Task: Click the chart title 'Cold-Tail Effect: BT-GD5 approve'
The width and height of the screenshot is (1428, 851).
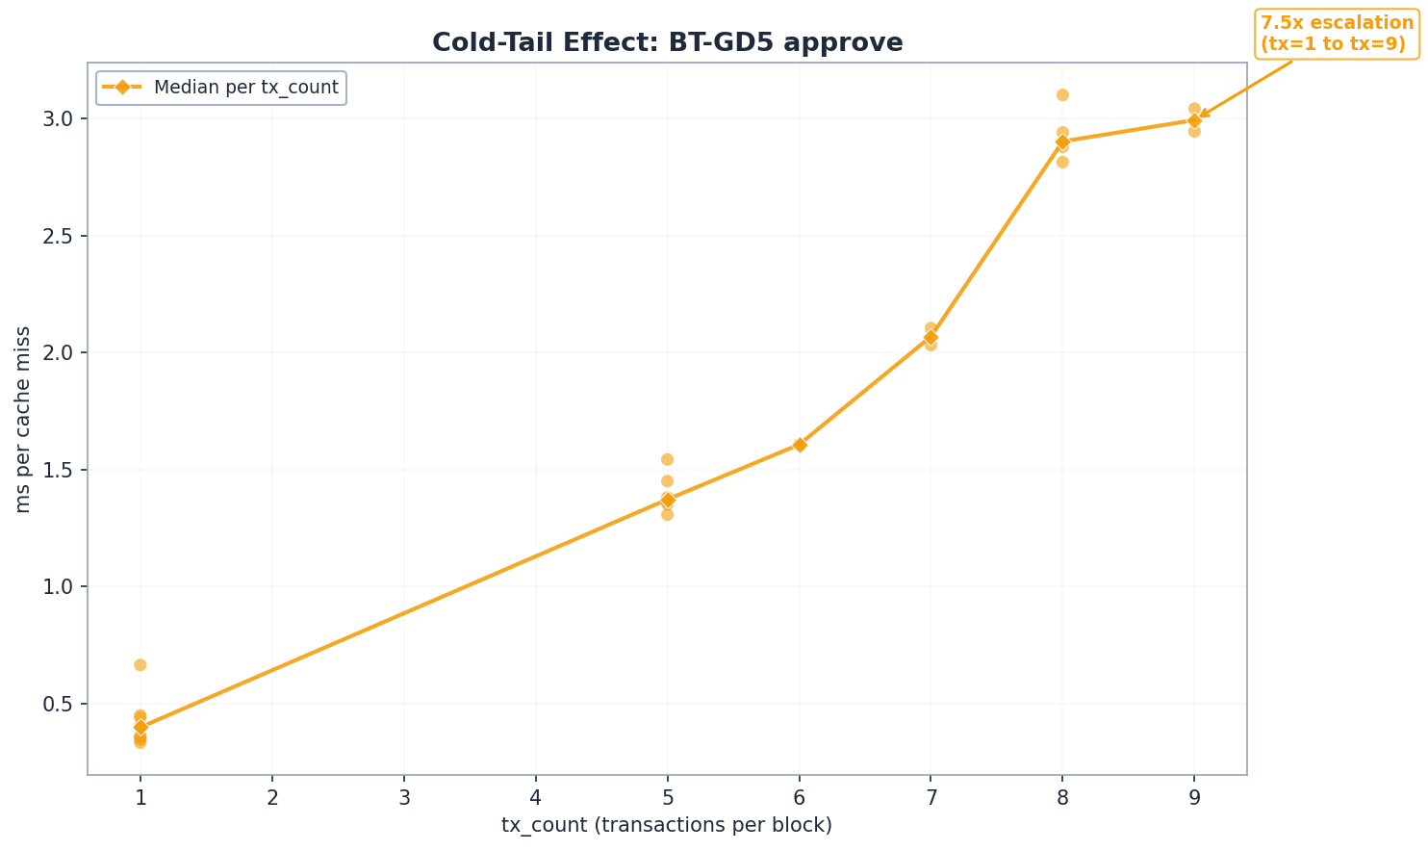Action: [x=667, y=43]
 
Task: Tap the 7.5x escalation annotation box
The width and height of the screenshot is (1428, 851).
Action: [x=1337, y=34]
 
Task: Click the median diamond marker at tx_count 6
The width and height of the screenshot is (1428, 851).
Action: [x=800, y=445]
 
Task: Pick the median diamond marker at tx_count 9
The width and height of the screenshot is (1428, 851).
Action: [x=1194, y=120]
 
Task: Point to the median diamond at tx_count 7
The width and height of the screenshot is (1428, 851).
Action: [x=931, y=338]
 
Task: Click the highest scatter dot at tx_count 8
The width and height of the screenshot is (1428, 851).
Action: [x=1062, y=94]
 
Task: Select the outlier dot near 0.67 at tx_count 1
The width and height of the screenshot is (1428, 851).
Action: [x=140, y=665]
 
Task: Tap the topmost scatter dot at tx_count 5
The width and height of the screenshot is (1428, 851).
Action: [x=667, y=459]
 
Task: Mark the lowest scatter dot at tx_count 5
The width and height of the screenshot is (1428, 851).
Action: [x=667, y=514]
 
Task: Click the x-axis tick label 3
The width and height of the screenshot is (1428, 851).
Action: [x=404, y=798]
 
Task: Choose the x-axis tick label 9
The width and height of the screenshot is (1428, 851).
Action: [x=1194, y=798]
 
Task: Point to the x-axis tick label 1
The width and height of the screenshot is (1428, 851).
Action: [x=140, y=798]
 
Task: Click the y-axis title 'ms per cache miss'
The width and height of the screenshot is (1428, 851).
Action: [x=23, y=419]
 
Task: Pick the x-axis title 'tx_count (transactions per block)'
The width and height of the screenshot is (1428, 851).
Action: [x=667, y=826]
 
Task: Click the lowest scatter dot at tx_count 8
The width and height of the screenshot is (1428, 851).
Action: [x=1062, y=162]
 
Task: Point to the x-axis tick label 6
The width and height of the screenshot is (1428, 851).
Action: [x=799, y=798]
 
